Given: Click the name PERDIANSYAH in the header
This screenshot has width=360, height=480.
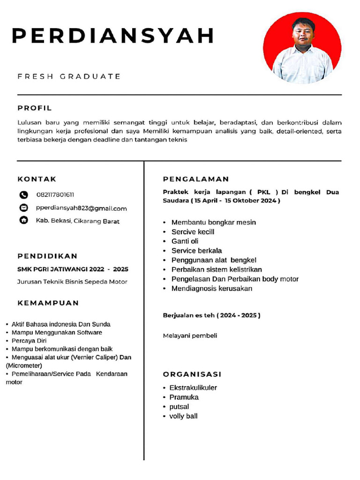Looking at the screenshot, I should [112, 36].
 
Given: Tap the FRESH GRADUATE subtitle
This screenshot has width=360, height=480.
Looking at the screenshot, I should [69, 76].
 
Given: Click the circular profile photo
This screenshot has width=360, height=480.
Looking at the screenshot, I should [302, 48].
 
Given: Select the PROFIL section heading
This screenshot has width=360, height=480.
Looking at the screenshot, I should [35, 108].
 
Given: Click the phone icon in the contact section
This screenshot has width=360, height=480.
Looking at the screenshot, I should [23, 195].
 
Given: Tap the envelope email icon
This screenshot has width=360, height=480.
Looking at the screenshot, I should [23, 208].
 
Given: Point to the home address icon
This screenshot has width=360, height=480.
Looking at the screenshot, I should [23, 220].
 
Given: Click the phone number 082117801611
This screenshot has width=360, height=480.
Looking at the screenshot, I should [55, 195].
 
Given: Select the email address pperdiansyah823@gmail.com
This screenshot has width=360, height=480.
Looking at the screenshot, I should [81, 208].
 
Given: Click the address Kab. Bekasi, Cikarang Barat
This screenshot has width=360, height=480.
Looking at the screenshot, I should [77, 221].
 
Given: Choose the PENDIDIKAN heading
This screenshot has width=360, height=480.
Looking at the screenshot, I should [47, 256].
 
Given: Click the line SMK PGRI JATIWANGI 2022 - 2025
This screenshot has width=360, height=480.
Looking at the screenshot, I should [73, 269].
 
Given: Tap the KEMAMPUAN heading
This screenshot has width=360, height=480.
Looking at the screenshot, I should [48, 303].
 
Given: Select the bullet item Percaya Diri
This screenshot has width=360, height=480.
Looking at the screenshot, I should [29, 341].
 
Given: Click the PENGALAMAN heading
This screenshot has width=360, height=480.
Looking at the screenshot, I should [196, 179].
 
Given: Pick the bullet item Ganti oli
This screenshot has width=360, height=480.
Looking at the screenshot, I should [185, 241].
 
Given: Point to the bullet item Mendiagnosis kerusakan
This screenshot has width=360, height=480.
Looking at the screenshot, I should [211, 288].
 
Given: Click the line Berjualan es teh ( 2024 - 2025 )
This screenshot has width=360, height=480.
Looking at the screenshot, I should [211, 315].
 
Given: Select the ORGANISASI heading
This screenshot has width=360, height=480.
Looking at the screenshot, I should [192, 374].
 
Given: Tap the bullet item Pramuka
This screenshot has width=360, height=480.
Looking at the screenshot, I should [184, 397].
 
